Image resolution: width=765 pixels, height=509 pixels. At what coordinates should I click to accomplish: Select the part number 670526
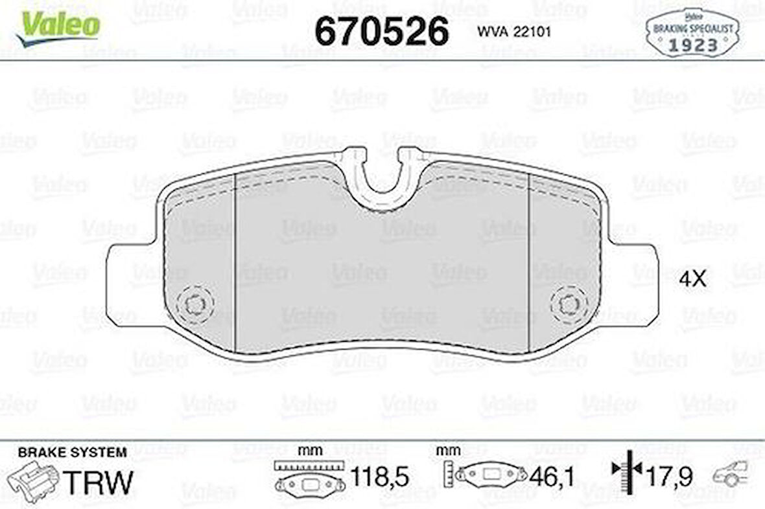coord(381,30)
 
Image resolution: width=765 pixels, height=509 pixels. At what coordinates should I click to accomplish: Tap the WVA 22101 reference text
coord(514,31)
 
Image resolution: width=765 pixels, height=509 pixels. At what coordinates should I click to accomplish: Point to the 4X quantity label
coord(692,279)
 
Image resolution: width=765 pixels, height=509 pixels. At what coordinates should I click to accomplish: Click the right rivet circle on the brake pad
coord(570,304)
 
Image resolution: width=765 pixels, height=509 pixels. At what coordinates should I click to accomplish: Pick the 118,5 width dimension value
coord(379,478)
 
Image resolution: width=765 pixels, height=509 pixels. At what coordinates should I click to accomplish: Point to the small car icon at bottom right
coord(730,475)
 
